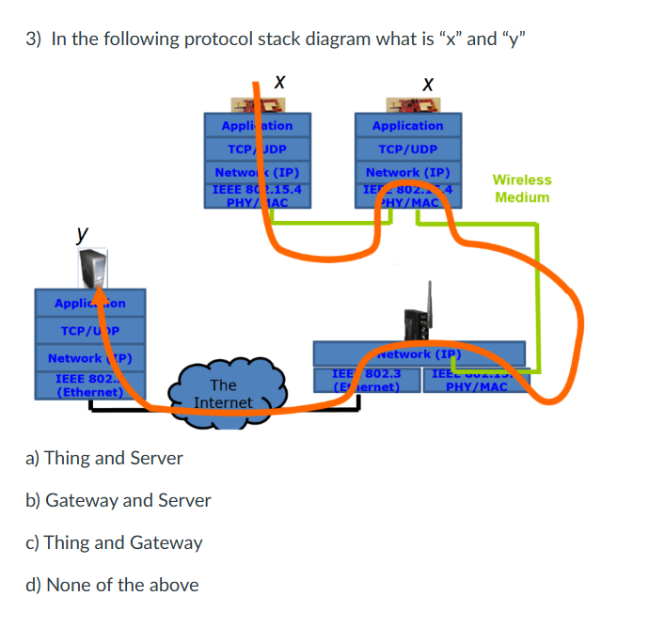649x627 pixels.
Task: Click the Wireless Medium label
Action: [522, 188]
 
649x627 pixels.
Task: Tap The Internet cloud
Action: [223, 394]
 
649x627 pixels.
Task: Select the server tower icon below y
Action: [92, 267]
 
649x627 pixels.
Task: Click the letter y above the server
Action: [84, 230]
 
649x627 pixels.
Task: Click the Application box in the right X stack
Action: [407, 125]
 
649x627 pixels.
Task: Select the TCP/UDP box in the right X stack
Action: [407, 149]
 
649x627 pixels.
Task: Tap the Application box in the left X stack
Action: [257, 125]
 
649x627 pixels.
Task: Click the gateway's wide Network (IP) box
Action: [419, 353]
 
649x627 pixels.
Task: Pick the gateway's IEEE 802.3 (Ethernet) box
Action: [367, 380]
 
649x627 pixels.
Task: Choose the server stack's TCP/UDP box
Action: [89, 331]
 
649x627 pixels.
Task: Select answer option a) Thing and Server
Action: [104, 458]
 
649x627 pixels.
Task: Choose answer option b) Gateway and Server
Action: [119, 500]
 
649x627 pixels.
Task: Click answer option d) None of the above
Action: [112, 585]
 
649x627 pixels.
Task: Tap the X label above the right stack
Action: [428, 85]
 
